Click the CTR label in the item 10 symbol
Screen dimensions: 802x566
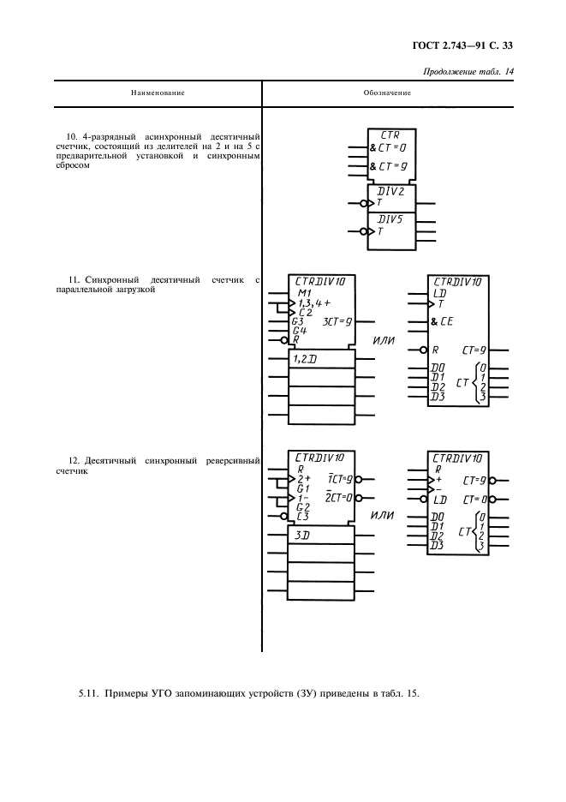pos(390,135)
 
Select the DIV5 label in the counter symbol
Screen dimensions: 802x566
pos(390,219)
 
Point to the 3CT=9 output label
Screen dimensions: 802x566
pos(337,321)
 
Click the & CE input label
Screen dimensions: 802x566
pos(442,322)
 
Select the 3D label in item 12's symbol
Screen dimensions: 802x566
pos(301,534)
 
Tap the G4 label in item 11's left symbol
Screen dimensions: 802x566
pos(299,330)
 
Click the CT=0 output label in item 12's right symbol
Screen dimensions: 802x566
pos(475,499)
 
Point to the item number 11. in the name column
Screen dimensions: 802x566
pos(73,280)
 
